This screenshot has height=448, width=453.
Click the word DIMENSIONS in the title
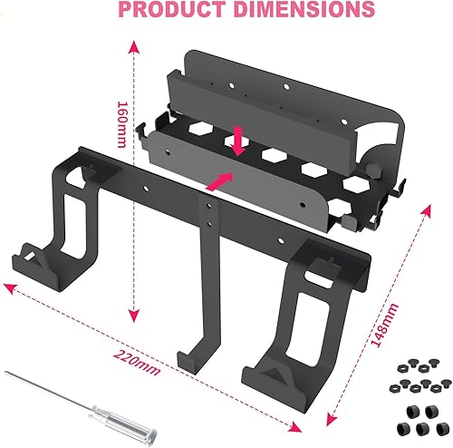(x=292, y=11)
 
